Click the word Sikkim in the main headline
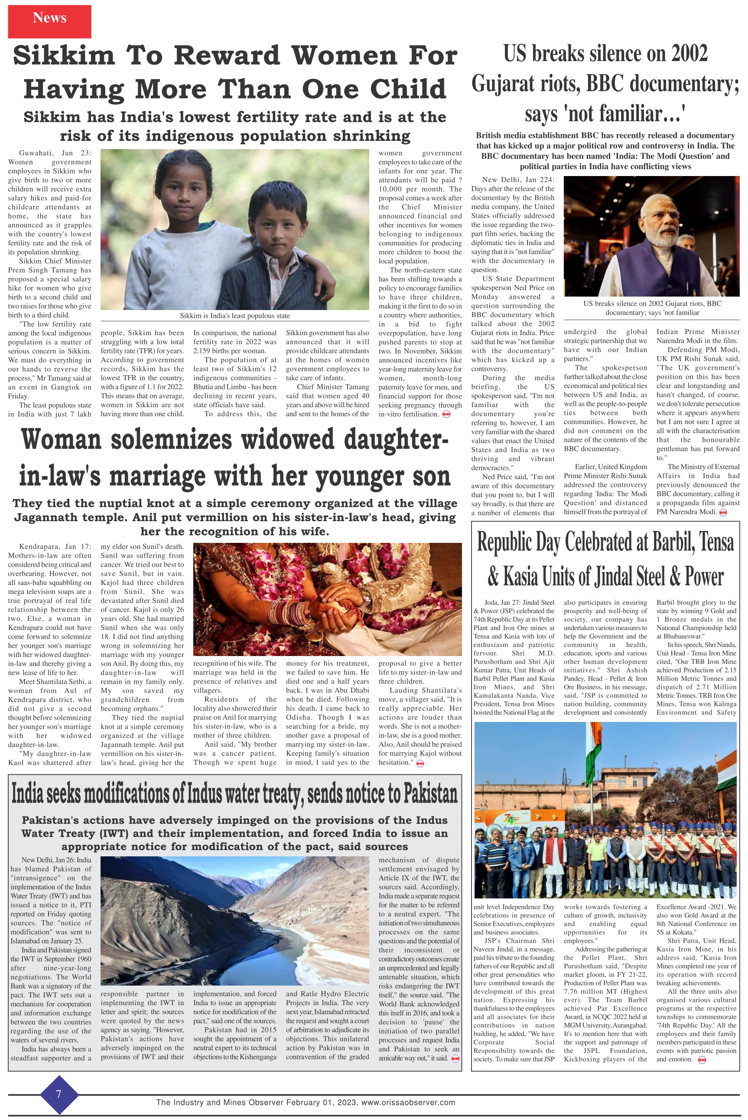coord(63,56)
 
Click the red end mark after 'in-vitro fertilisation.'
coord(447,414)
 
